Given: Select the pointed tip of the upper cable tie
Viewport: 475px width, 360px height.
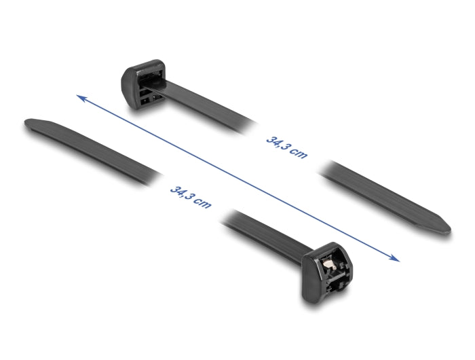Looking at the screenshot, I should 444,226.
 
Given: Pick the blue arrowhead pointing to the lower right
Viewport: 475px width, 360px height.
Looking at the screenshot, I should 395,257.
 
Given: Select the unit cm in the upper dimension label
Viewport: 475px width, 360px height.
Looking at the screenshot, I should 299,154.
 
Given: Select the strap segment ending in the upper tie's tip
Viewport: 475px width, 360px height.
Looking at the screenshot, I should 387,197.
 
